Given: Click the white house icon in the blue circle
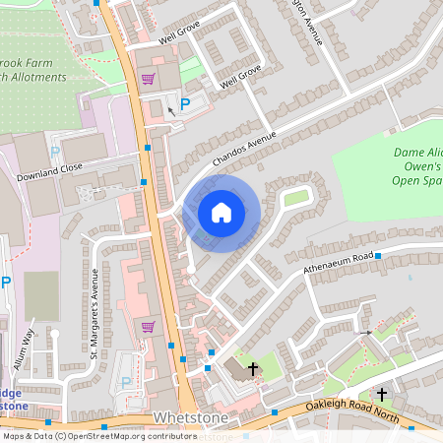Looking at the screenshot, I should click(221, 213).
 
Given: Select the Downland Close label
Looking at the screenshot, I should click(49, 172).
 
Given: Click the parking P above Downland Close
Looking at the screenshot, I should click(55, 152).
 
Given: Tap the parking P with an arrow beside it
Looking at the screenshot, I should click(185, 104).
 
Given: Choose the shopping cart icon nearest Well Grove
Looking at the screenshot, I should click(148, 79).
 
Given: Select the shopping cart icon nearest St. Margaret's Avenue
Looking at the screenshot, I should click(148, 327).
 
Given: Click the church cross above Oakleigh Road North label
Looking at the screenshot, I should click(382, 394).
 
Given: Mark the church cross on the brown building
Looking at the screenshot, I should click(253, 369).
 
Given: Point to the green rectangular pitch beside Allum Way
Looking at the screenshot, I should click(41, 295).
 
